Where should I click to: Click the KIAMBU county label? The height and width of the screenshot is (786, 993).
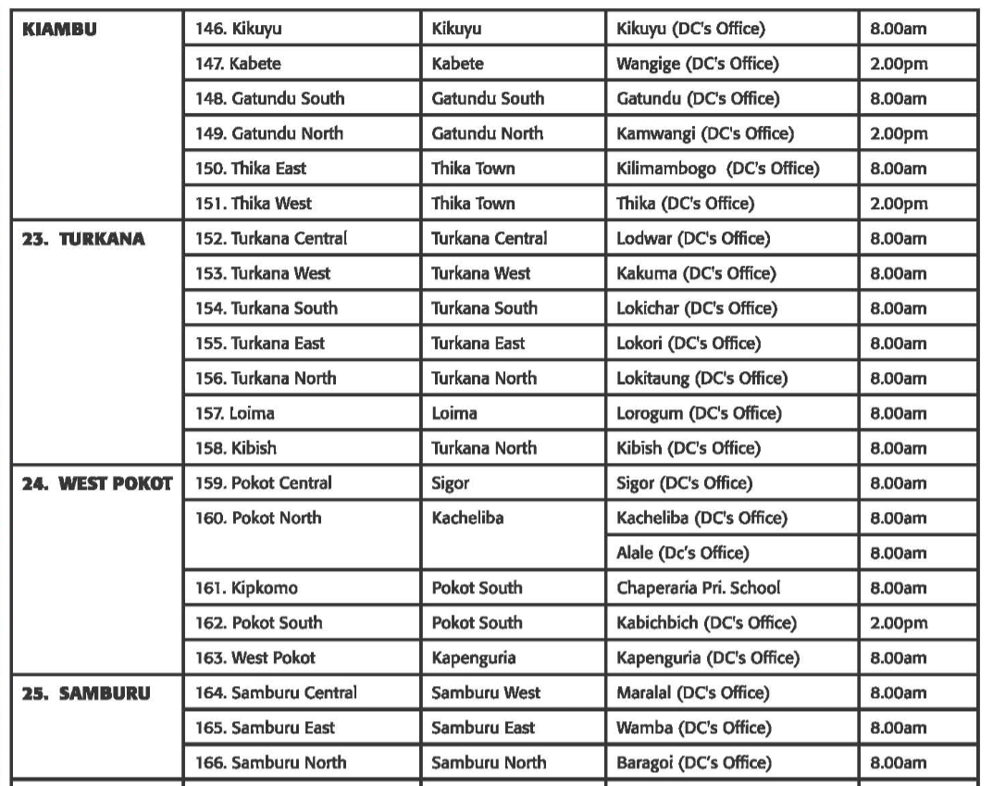60,29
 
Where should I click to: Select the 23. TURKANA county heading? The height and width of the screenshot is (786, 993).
84,238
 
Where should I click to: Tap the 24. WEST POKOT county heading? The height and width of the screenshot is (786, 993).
97,483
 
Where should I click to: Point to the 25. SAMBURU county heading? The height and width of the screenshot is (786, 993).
86,692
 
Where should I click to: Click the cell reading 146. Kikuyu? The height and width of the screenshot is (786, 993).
239,29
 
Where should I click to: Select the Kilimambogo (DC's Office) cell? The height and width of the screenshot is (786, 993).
717,168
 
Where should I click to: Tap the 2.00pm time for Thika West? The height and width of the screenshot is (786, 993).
898,204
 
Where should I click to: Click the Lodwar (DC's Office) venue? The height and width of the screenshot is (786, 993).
692,238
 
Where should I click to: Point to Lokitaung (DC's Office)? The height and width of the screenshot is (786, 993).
701,378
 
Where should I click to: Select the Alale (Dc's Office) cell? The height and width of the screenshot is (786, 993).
681,554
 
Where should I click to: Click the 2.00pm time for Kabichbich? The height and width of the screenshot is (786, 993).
898,623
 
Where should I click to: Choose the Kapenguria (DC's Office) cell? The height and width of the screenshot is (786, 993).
708,658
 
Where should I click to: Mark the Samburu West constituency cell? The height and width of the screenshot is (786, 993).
486,692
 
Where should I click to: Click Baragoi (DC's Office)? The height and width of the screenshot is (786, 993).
693,763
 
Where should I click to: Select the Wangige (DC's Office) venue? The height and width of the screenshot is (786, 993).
697,64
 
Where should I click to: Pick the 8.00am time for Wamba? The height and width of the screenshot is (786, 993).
898,728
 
